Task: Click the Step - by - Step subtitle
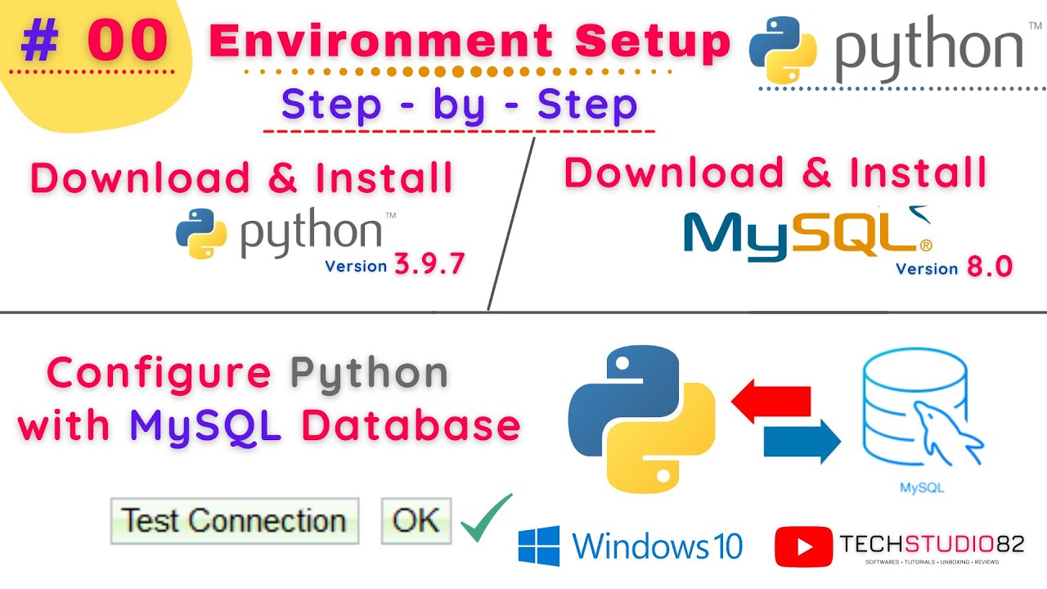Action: [459, 105]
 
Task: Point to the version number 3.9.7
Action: [430, 263]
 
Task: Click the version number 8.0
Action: [989, 266]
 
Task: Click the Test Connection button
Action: [234, 521]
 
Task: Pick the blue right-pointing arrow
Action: [802, 442]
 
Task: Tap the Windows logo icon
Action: [539, 546]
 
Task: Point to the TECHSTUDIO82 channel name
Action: [932, 542]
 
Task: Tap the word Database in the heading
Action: [411, 425]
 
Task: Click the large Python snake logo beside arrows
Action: [641, 420]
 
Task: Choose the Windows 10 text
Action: [658, 546]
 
